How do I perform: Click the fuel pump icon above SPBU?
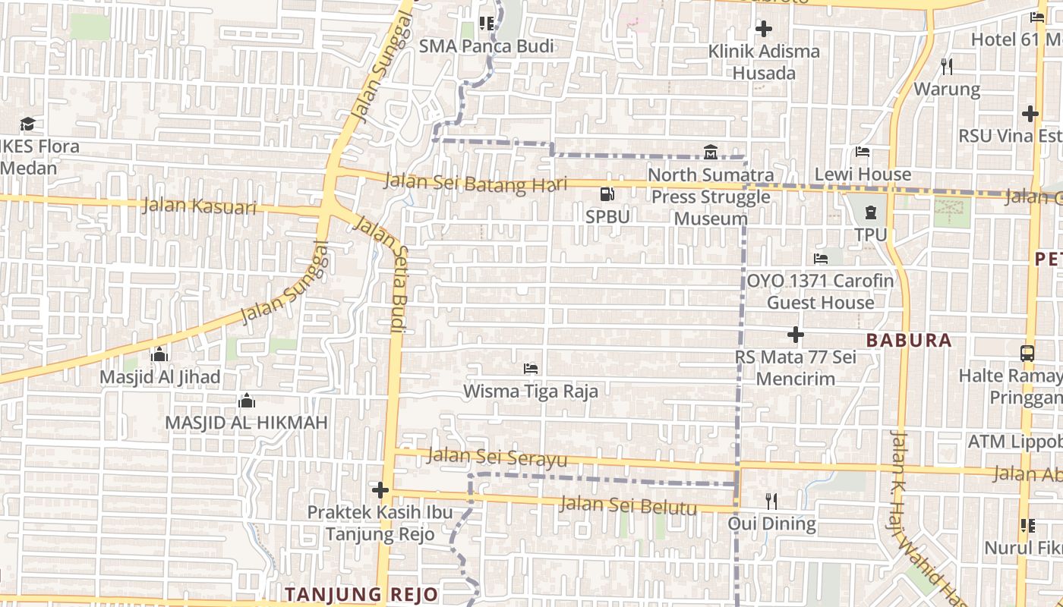tap(607, 194)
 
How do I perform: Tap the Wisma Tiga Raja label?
tap(531, 392)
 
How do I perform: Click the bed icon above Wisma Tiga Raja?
tap(531, 369)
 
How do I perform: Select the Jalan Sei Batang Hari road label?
tap(475, 183)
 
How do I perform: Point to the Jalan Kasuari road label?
tap(199, 206)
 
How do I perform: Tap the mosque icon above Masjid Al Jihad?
tap(159, 354)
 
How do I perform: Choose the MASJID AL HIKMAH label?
tap(246, 423)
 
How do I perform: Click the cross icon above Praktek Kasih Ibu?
tap(380, 490)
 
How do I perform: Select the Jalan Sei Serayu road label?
tap(497, 458)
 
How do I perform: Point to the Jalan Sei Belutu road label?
tap(628, 505)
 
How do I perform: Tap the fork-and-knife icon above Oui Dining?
tap(771, 501)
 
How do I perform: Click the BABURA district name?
tap(909, 340)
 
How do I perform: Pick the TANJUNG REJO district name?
tap(361, 594)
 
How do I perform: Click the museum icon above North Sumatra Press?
tap(711, 152)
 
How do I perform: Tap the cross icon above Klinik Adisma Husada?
tap(764, 30)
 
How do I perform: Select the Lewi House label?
tap(863, 175)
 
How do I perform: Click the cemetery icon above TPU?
tap(870, 212)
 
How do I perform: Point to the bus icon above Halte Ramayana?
tap(1027, 353)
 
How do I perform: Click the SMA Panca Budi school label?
tap(487, 46)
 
